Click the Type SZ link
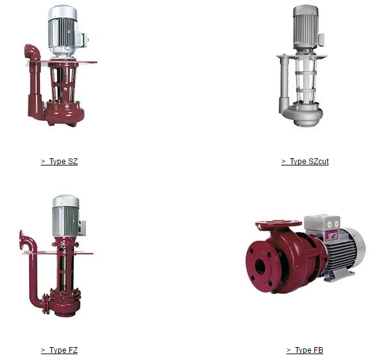(59, 162)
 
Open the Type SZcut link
(305, 162)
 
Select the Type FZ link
(59, 350)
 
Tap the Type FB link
(305, 350)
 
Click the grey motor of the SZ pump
(62, 31)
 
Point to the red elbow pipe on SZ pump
(32, 52)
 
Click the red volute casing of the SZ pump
(64, 113)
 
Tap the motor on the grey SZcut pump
(306, 27)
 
